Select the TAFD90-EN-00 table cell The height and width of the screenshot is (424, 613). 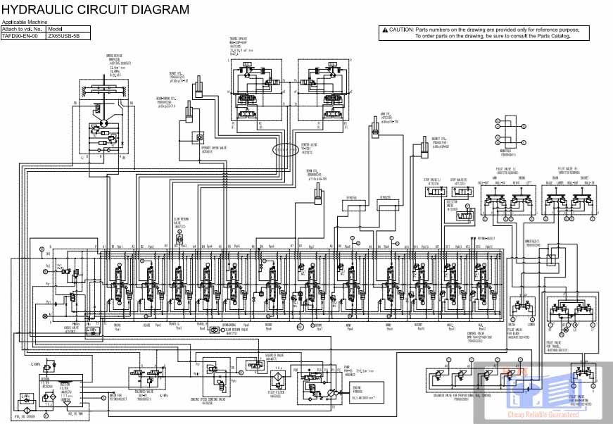pyautogui.click(x=23, y=35)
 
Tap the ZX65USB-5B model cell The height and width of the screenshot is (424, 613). pyautogui.click(x=63, y=35)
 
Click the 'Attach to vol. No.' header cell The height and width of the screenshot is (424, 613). pyautogui.click(x=23, y=29)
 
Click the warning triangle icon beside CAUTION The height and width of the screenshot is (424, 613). pyautogui.click(x=384, y=30)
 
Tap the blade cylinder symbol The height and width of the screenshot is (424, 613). pyautogui.click(x=201, y=87)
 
